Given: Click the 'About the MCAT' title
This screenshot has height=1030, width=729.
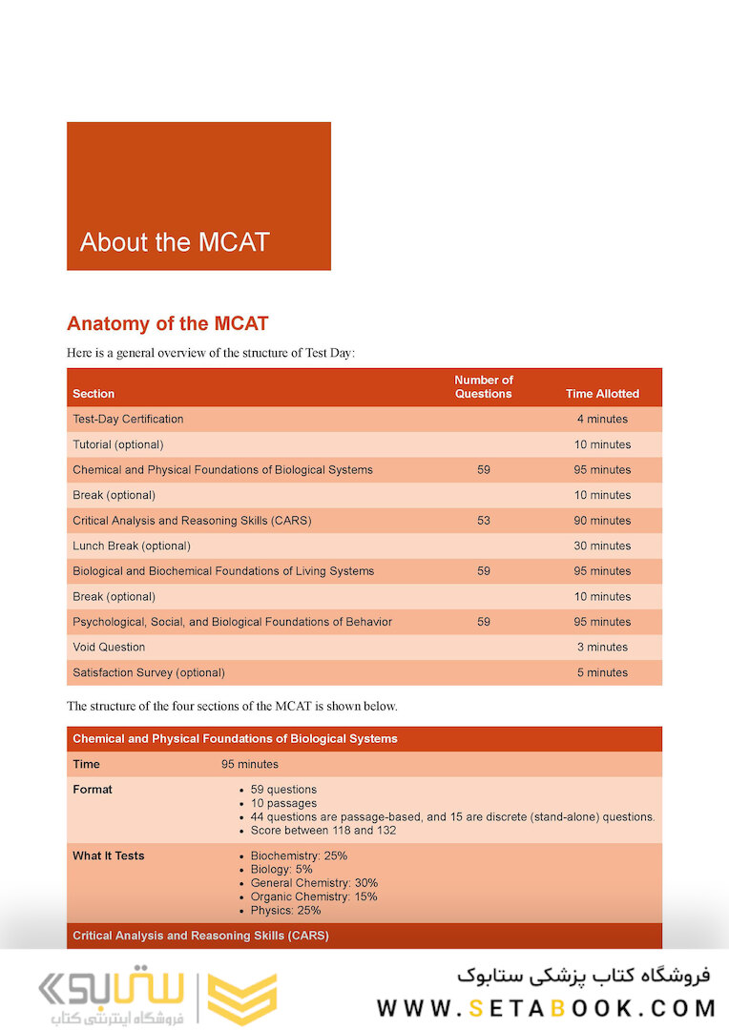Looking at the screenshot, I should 175,242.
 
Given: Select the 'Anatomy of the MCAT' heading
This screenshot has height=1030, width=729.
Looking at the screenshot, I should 167,323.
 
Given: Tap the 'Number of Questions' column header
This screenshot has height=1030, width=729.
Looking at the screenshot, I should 484,387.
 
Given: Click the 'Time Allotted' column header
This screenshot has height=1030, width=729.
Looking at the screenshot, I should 602,394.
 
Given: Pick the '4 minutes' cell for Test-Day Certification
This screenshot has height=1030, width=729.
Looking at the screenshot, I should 602,420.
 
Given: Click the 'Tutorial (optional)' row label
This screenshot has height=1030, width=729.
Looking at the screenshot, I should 118,444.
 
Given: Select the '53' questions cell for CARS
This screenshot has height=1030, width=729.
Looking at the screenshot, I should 484,521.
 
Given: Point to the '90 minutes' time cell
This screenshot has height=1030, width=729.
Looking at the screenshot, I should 602,521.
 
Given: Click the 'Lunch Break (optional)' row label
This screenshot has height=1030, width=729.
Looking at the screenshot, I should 132,546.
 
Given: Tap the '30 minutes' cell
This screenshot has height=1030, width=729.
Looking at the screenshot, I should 602,546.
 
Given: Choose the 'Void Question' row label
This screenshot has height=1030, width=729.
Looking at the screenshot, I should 109,647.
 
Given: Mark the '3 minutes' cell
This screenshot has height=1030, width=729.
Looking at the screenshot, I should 602,647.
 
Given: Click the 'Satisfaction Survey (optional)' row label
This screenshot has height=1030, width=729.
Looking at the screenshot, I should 149,672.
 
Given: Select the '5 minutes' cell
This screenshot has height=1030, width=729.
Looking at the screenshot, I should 602,672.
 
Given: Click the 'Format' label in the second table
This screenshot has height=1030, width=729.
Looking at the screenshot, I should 93,790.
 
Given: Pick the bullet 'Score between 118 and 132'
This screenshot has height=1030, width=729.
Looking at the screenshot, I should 323,831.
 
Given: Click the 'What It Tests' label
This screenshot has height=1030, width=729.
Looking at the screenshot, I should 109,855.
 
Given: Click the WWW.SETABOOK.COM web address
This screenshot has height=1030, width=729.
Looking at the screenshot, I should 546,1008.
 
